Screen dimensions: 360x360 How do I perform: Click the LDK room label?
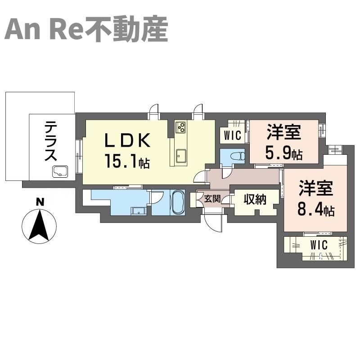[x=128, y=140]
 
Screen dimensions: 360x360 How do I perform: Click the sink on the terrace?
[x=60, y=171]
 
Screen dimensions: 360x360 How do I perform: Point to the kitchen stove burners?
[x=181, y=127]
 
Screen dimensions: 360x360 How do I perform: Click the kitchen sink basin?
[x=181, y=156]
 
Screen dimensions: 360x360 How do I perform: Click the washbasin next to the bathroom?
[x=139, y=211]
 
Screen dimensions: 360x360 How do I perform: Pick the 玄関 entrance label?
[x=212, y=199]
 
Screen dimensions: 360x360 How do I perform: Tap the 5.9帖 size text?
[x=284, y=153]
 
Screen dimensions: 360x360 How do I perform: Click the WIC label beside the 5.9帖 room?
[x=232, y=135]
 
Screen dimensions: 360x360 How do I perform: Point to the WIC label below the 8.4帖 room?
[x=319, y=245]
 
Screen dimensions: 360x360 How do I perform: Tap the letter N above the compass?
[x=40, y=202]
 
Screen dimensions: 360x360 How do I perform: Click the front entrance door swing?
[x=212, y=223]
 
